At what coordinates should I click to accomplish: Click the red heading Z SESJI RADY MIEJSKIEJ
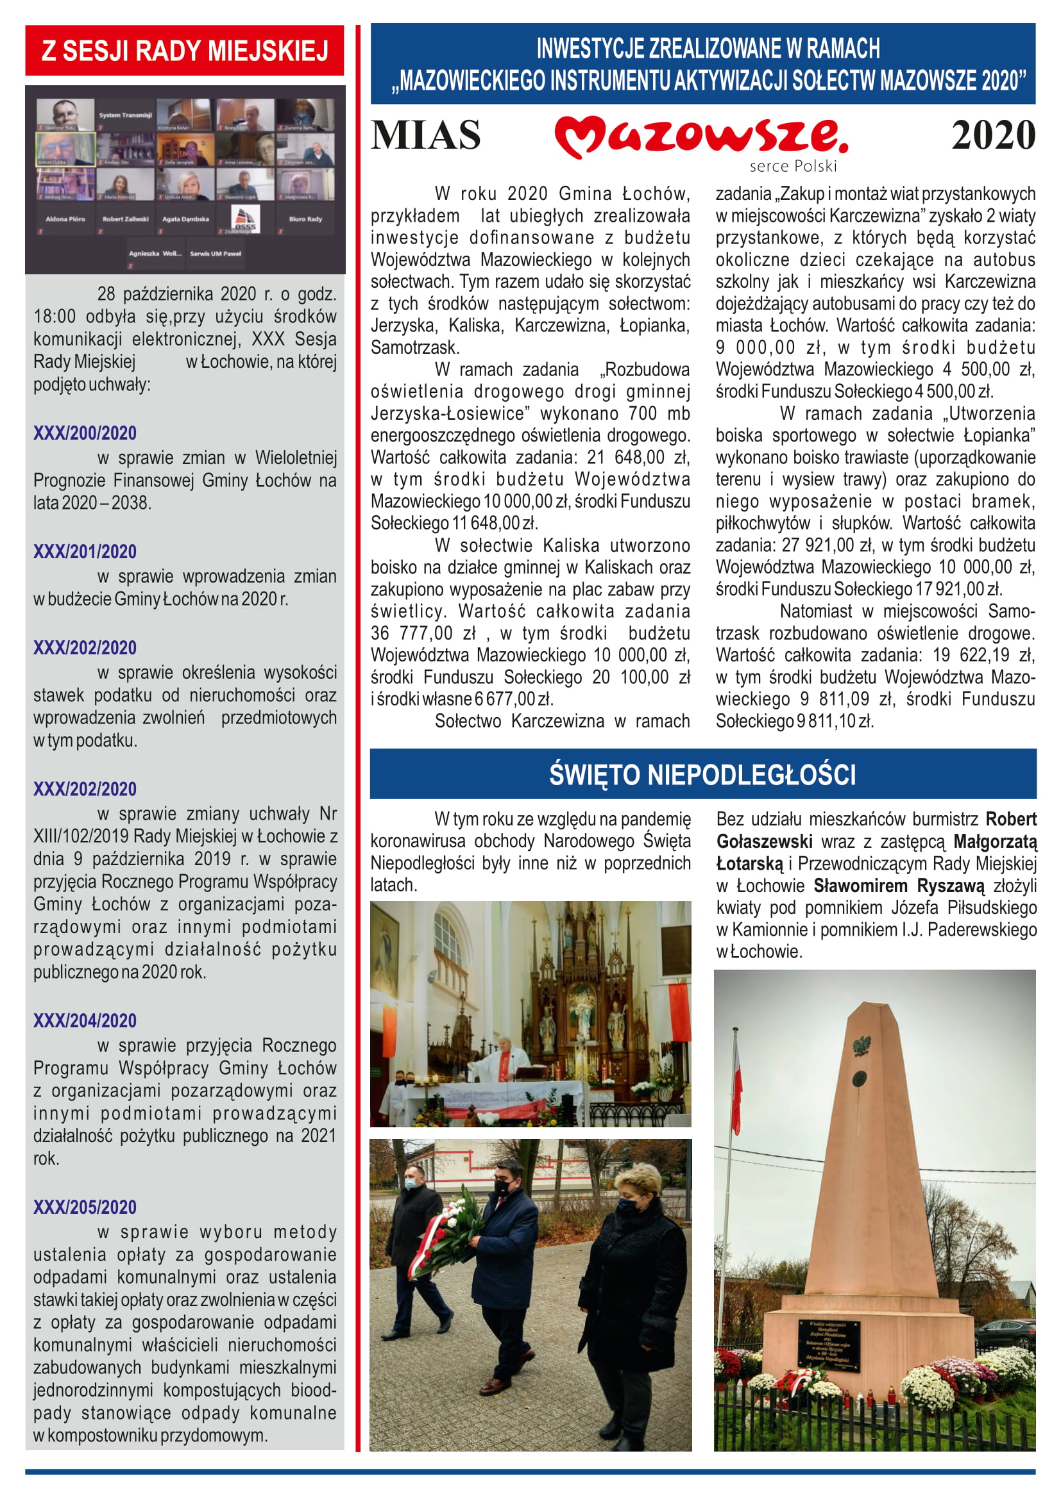tap(184, 50)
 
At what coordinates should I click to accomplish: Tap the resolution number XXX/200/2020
tap(85, 433)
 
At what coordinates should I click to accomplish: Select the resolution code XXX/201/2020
tap(85, 552)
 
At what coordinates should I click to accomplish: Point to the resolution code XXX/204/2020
tap(85, 1020)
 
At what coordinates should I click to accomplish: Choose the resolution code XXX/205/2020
tap(85, 1207)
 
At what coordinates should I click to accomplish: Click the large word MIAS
tap(425, 135)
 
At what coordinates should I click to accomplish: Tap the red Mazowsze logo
tap(700, 135)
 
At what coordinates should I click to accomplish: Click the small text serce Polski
tap(792, 167)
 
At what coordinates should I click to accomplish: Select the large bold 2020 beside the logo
tap(992, 135)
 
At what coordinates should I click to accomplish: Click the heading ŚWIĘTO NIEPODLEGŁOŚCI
tap(702, 774)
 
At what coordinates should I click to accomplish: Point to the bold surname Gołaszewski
tap(765, 841)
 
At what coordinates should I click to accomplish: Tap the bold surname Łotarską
tap(749, 864)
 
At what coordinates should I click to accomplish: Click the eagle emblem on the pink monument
tap(862, 1047)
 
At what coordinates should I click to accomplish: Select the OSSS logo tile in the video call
tap(246, 219)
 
